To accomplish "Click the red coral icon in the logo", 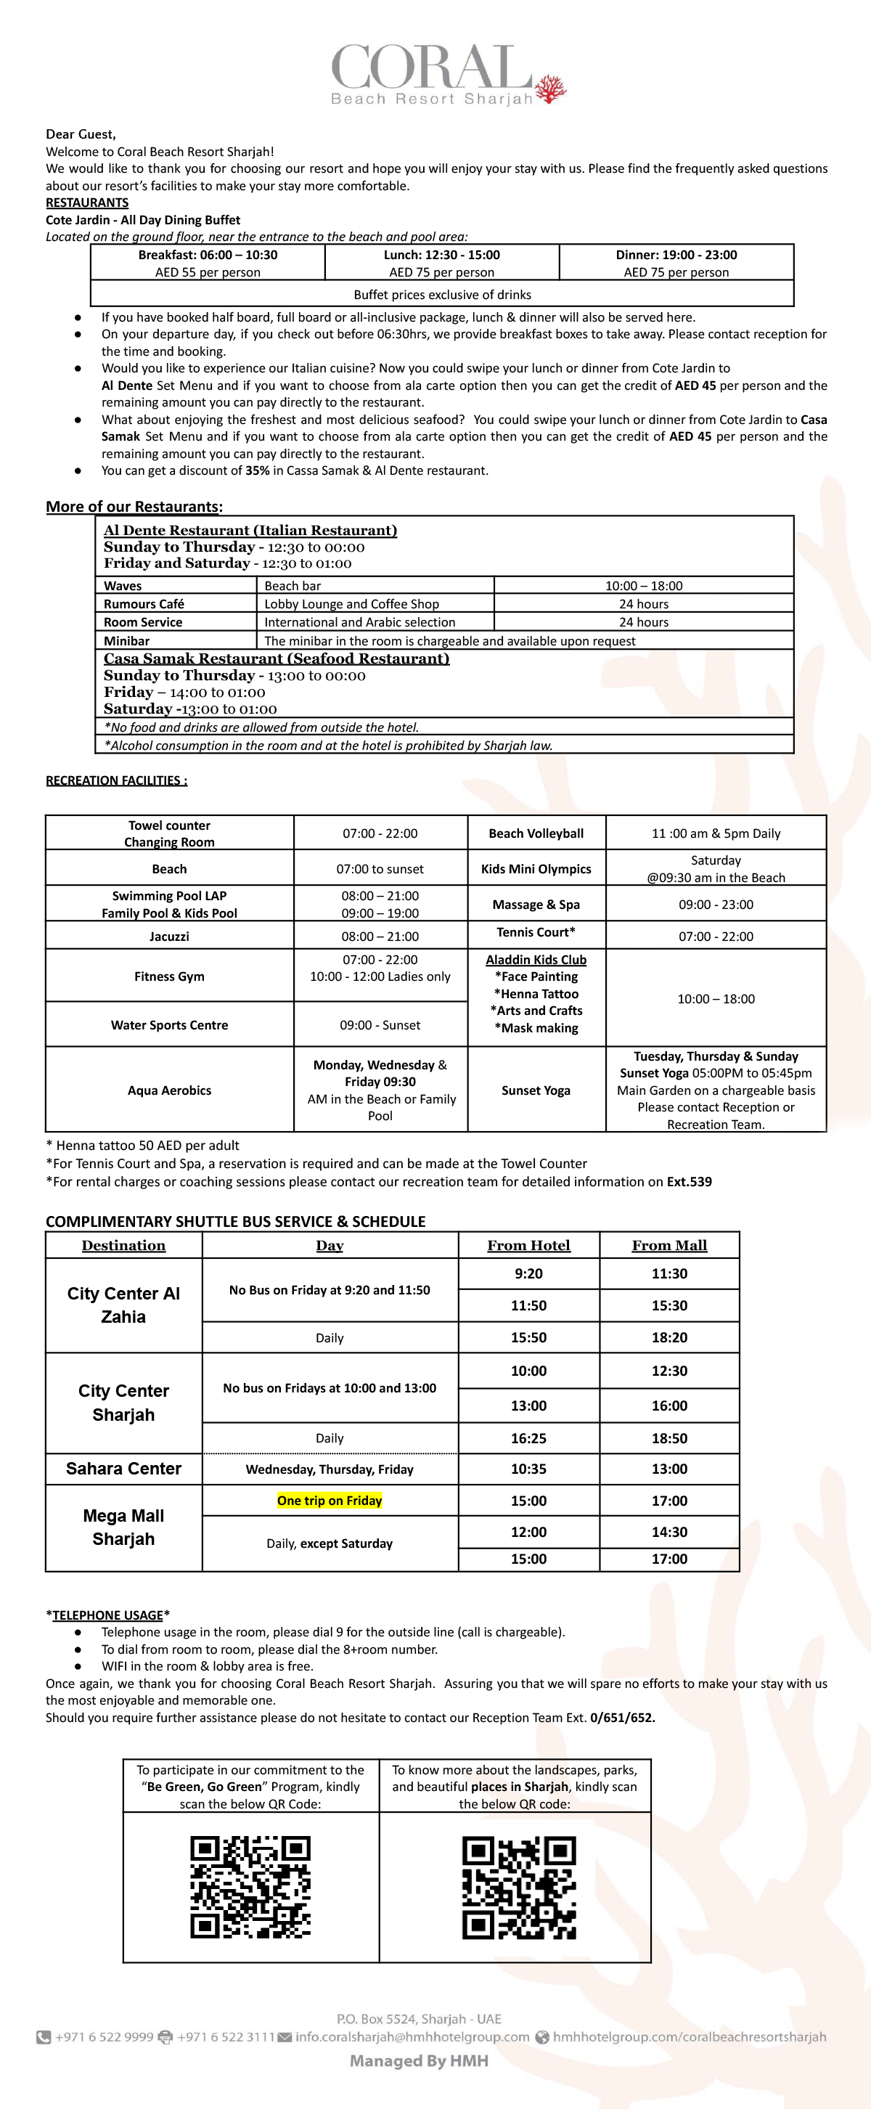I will click(x=550, y=89).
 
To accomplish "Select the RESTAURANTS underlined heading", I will click(x=87, y=203).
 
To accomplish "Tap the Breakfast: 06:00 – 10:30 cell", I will click(x=208, y=255).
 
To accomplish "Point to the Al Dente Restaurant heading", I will click(x=250, y=531).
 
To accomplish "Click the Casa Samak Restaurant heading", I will click(x=276, y=658).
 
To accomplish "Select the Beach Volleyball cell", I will click(x=536, y=833).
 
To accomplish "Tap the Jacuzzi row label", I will click(x=169, y=936).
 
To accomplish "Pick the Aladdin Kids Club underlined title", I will click(x=536, y=960).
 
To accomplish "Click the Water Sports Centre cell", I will click(x=169, y=1025).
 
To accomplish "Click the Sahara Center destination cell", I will click(x=123, y=1469).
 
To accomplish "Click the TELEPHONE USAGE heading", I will click(x=108, y=1615).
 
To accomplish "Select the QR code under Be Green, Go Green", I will click(x=250, y=1887).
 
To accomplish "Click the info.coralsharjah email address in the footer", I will click(x=412, y=2037).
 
